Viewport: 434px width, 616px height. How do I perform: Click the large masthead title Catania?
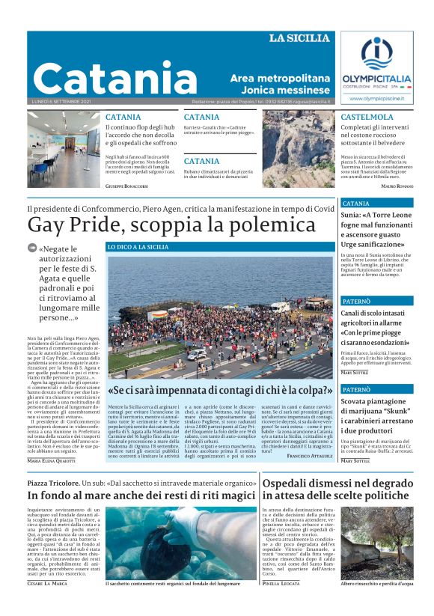[104, 77]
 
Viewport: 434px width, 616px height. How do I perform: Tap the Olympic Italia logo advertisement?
[376, 68]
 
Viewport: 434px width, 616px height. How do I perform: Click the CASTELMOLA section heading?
[367, 118]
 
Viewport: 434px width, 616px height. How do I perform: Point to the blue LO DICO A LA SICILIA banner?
[138, 246]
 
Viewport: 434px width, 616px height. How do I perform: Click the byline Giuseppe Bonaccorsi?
[126, 185]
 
